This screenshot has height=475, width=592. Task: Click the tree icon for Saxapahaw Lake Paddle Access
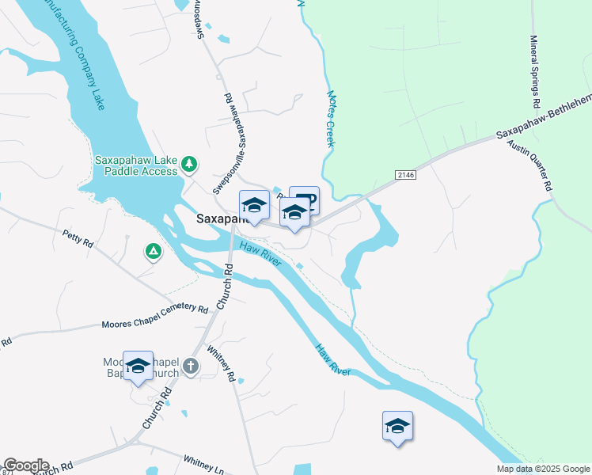pyautogui.click(x=188, y=164)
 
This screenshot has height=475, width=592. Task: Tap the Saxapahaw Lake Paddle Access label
pyautogui.click(x=136, y=165)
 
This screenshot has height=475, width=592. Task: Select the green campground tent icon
pyautogui.click(x=154, y=252)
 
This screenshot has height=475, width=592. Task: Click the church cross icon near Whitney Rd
pyautogui.click(x=190, y=366)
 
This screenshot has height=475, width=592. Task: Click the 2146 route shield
pyautogui.click(x=404, y=173)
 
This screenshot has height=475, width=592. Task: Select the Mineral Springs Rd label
pyautogui.click(x=535, y=71)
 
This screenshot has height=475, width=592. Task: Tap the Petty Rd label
pyautogui.click(x=78, y=238)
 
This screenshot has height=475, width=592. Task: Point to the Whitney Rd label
pyautogui.click(x=221, y=363)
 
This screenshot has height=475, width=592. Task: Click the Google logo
pyautogui.click(x=25, y=465)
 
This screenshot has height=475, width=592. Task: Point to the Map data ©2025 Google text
pyautogui.click(x=542, y=469)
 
